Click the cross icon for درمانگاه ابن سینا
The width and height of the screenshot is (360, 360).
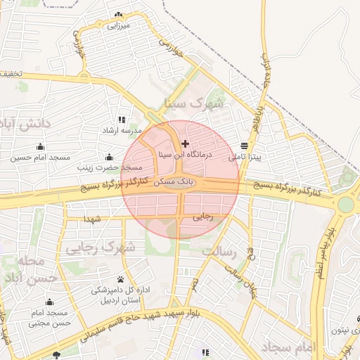(185, 143)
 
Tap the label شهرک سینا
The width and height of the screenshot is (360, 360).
(193, 104)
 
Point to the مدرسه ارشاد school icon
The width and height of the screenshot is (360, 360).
(122, 120)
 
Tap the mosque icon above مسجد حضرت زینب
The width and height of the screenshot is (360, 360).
(109, 157)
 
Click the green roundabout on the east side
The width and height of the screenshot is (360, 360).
(346, 205)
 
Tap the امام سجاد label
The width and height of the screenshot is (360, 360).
(289, 347)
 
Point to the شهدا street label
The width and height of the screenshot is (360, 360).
(94, 219)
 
